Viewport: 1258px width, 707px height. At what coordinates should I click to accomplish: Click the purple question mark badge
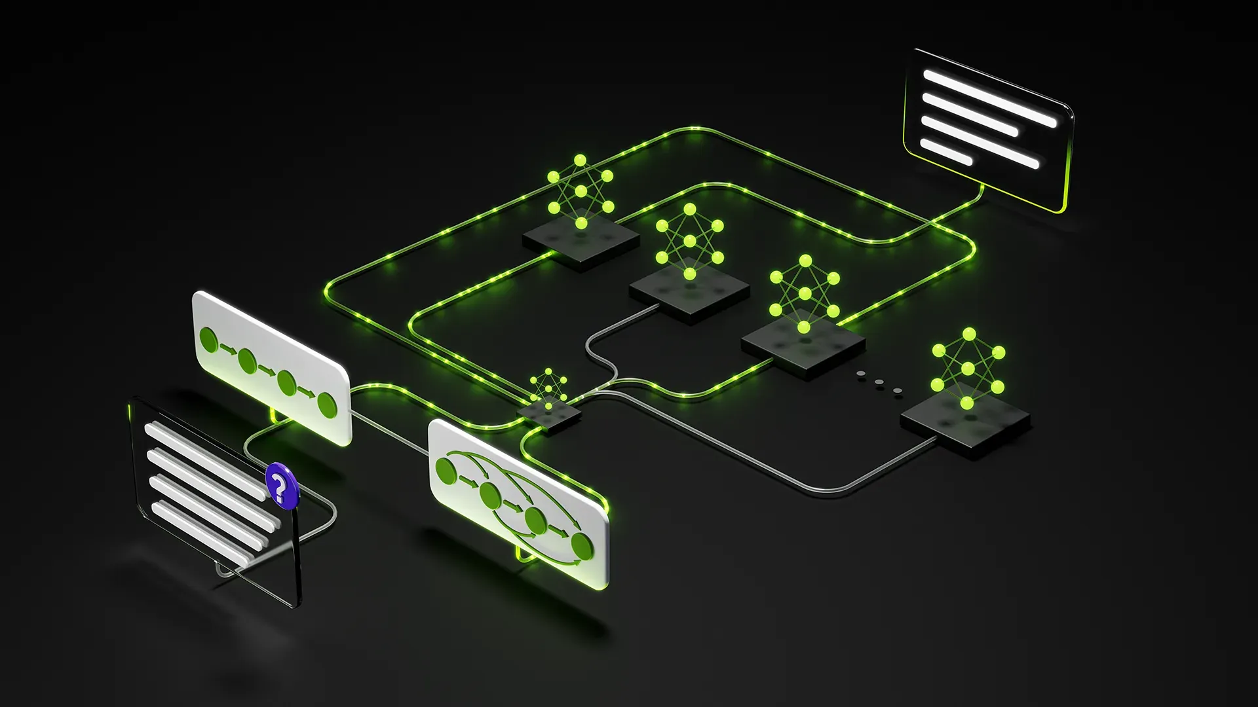(280, 485)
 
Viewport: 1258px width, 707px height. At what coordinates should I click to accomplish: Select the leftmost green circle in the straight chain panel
(208, 340)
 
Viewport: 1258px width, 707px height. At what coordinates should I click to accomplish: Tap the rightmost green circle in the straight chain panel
(327, 404)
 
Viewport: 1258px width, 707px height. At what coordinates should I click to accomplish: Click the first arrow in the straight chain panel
(227, 349)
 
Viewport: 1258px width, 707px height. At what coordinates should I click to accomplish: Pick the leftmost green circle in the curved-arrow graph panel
(446, 470)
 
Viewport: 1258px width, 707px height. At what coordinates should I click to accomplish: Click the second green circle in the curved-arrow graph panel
(490, 496)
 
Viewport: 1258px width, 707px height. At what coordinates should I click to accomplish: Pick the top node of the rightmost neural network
(969, 335)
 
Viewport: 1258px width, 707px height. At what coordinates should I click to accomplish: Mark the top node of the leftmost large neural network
(580, 160)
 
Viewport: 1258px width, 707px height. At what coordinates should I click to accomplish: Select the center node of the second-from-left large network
(689, 242)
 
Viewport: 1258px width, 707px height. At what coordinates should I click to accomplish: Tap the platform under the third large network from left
(803, 344)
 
